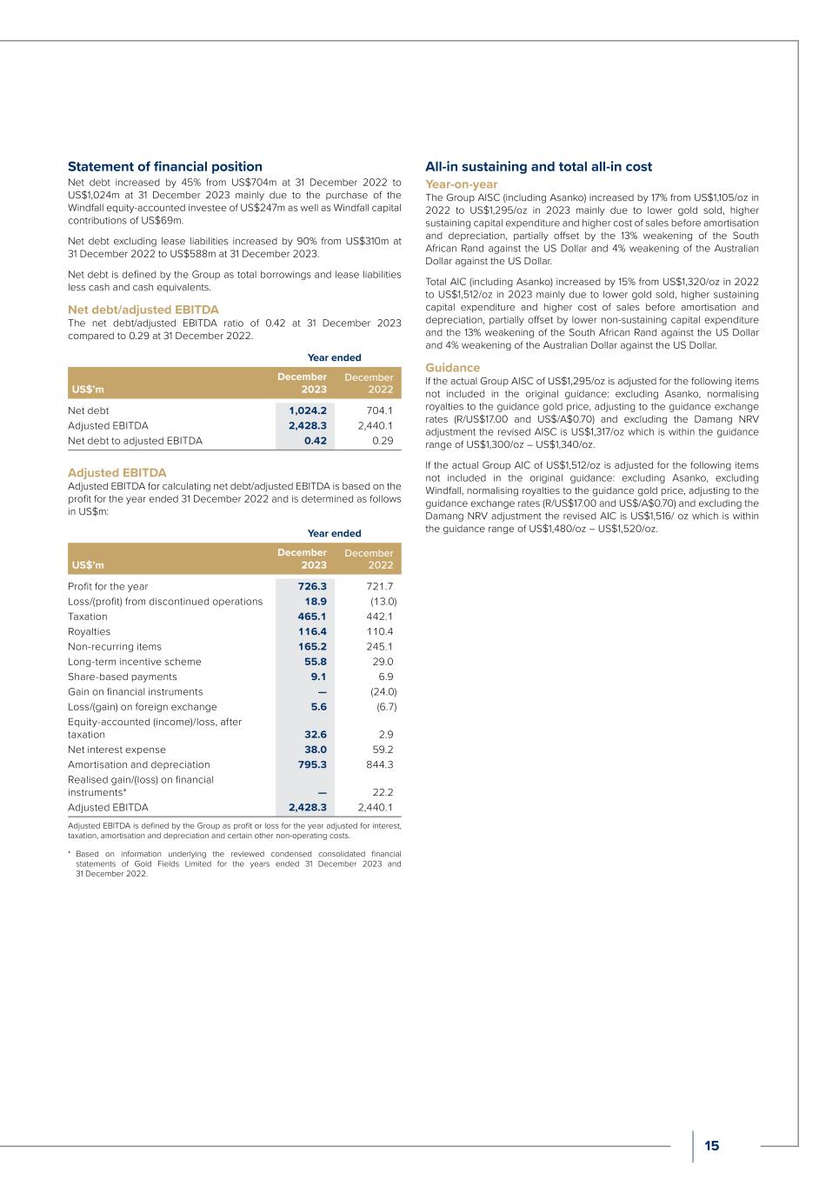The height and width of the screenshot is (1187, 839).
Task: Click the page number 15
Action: pos(711,1145)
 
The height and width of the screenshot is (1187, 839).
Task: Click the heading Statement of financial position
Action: pos(165,166)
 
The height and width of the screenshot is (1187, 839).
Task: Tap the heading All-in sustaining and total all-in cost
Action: pos(538,166)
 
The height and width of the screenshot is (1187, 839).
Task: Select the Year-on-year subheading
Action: pos(461,184)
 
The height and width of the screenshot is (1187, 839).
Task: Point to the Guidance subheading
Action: pos(452,368)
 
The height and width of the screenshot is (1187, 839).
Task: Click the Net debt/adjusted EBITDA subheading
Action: pos(143,310)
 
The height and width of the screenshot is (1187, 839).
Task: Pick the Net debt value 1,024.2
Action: pos(308,410)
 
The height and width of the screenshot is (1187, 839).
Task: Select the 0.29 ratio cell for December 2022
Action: pos(383,441)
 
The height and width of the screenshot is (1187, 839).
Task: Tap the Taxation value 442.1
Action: pos(380,617)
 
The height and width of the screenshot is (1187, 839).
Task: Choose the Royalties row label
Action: pos(90,631)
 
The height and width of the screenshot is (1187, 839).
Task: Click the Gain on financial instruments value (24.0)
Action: pos(383,692)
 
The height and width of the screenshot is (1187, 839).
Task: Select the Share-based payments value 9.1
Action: pos(318,677)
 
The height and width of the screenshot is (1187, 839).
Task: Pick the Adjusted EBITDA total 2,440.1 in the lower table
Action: pos(376,807)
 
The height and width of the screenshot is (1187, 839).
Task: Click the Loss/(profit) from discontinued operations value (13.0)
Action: pos(383,602)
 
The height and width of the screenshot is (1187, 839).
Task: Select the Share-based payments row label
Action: pos(123,677)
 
